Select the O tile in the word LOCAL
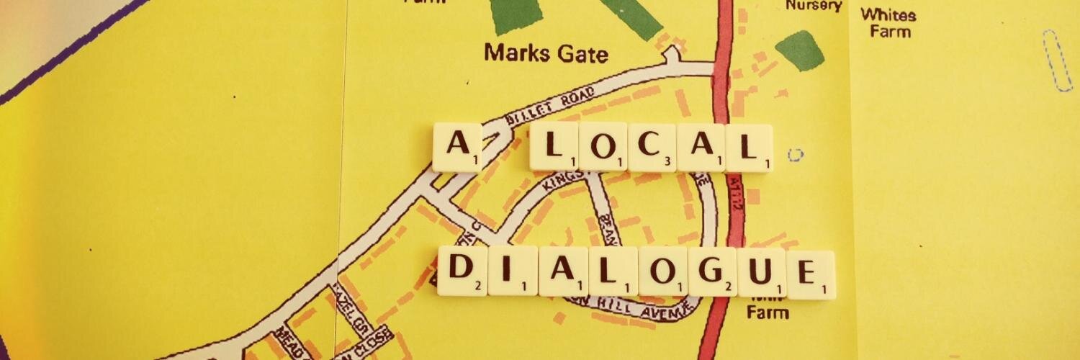[x=603, y=148]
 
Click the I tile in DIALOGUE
[x=512, y=271]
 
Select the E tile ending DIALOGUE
[x=811, y=274]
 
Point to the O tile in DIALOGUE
[x=662, y=272]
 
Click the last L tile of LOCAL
[x=750, y=148]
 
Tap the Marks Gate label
[x=546, y=53]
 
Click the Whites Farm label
[x=888, y=22]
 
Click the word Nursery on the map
[x=814, y=6]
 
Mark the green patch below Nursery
[x=800, y=50]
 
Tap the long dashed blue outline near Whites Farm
[x=1057, y=60]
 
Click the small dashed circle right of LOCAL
[x=795, y=154]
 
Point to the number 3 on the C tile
[x=668, y=162]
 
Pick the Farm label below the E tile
[x=767, y=312]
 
